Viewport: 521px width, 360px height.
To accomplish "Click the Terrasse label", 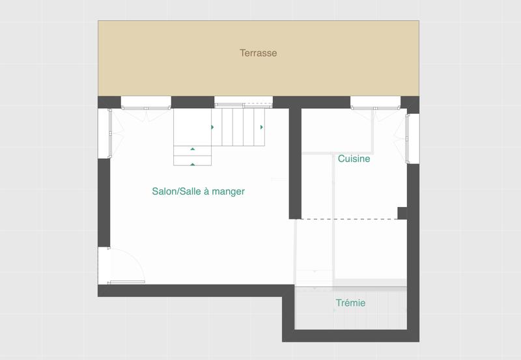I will coord(258,53).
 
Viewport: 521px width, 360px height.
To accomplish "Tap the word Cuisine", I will coord(354,159).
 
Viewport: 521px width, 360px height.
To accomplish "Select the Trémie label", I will coord(350,303).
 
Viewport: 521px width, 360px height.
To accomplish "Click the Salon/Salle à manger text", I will coord(198,191).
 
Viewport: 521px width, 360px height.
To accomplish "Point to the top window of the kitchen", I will coord(375,102).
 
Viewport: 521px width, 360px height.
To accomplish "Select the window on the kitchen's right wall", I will coord(412,138).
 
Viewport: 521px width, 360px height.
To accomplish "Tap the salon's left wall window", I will coord(104,133).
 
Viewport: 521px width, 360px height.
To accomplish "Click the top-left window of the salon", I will coord(146,102).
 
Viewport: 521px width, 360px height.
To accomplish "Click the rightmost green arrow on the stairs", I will coord(262,127).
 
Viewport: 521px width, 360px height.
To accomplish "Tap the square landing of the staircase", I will coord(193,127).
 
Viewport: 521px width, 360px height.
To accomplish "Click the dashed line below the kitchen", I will coord(348,219).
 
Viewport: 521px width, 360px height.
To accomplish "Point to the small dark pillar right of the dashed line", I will coord(402,213).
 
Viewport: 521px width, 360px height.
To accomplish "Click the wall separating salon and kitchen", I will coord(295,163).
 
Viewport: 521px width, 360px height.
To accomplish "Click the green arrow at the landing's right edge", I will coord(212,127).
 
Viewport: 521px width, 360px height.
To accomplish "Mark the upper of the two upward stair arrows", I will coord(193,150).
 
